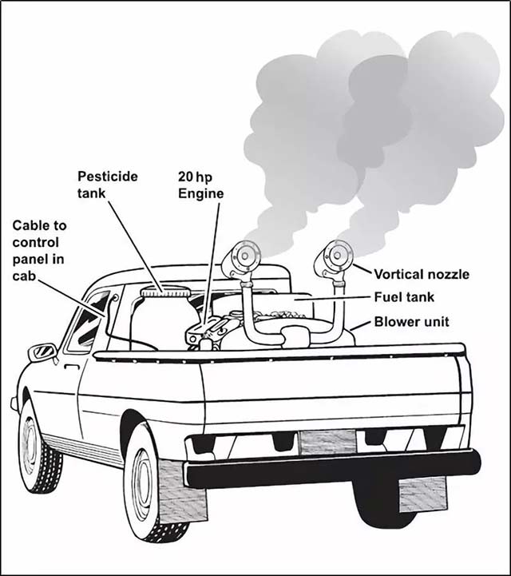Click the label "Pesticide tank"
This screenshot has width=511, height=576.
(x=108, y=185)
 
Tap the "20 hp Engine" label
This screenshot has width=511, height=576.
(x=200, y=185)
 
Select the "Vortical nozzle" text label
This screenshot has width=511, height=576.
(x=422, y=274)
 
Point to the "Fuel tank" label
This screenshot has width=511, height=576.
(x=404, y=297)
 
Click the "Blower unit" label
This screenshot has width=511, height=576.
(x=411, y=322)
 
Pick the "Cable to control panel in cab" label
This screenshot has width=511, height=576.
(x=39, y=250)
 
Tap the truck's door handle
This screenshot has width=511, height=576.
(x=72, y=366)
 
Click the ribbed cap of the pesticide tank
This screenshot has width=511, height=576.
(x=165, y=292)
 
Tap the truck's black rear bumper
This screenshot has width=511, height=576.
(x=332, y=467)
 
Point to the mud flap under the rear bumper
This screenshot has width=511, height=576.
(x=422, y=494)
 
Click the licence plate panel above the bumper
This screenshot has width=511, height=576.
(x=327, y=442)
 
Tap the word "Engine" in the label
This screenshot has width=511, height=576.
(x=200, y=193)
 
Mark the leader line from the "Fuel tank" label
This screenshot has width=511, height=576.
(x=333, y=298)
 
